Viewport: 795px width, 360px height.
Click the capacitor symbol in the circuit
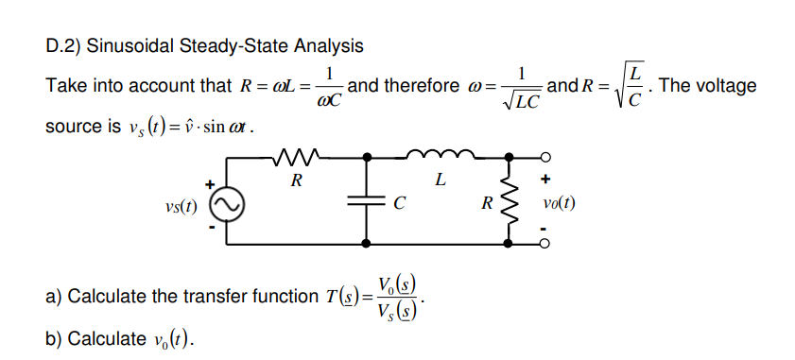pyautogui.click(x=365, y=201)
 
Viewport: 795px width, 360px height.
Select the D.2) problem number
pyautogui.click(x=63, y=45)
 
